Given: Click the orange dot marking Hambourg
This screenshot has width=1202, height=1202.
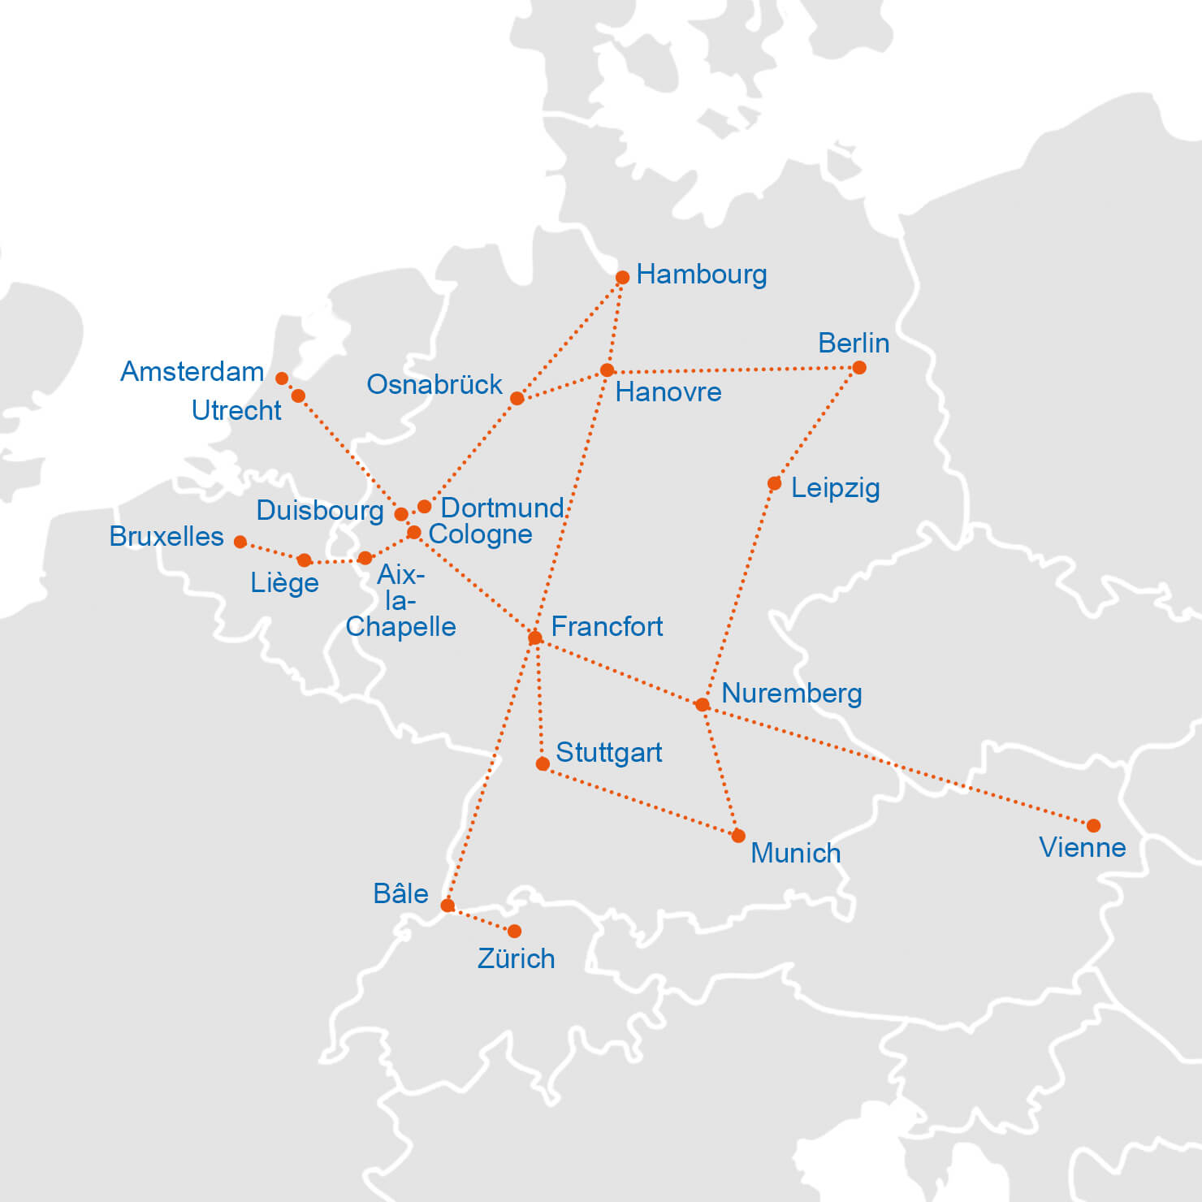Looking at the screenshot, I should coord(622,278).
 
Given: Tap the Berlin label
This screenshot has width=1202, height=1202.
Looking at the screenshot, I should coord(853,344).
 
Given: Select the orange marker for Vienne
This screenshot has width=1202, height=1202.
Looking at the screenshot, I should coord(1093,826).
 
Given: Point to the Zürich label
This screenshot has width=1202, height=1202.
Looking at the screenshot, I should coord(516,959).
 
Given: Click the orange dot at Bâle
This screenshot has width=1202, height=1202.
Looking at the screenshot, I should coord(448,906).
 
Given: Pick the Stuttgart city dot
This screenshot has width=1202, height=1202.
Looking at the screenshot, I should coord(543,764).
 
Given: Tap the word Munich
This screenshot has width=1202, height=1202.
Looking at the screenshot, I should coord(795,854).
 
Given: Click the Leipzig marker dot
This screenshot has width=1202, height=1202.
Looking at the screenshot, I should coord(774,484).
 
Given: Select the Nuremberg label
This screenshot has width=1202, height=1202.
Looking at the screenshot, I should coord(791,694).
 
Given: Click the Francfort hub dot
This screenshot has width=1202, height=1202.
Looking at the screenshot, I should coord(534,638).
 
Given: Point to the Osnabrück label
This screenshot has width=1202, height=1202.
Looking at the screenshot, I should coord(434,385).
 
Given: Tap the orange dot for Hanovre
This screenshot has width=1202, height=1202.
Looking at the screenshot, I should coord(607,371).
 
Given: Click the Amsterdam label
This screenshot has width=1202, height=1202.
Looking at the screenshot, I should coord(192,372).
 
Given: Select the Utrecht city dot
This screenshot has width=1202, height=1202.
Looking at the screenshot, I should coord(298,396).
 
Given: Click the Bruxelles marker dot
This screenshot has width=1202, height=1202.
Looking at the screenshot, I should coord(240,542).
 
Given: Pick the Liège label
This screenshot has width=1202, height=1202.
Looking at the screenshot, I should coord(284,584).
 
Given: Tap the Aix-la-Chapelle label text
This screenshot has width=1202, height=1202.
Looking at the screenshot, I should coord(400,601).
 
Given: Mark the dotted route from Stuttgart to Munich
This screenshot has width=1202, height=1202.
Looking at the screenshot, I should coord(642,801).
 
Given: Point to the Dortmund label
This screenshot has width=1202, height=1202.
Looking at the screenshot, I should coord(501,508).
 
